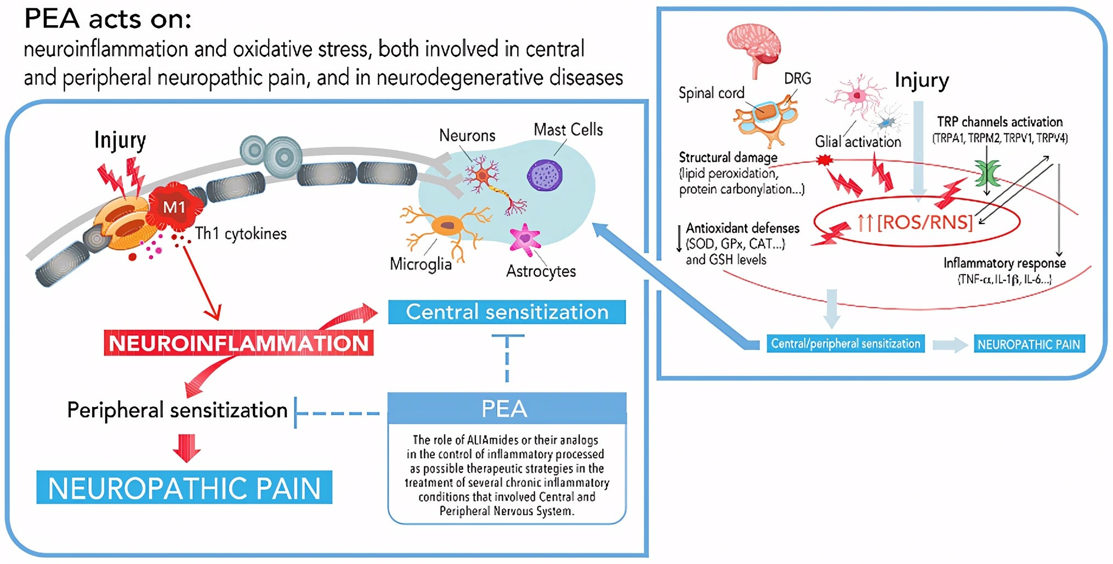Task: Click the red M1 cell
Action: click(174, 207)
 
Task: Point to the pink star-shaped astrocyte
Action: click(525, 238)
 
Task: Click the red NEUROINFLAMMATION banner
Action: click(238, 344)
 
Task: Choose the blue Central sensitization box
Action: click(507, 312)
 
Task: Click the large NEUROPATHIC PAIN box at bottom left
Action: click(184, 487)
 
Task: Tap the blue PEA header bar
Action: click(506, 408)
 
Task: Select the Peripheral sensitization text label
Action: click(177, 410)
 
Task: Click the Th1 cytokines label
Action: click(241, 233)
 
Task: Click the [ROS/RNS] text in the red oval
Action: click(924, 222)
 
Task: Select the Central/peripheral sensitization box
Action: click(845, 344)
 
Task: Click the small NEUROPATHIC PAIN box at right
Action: click(1029, 344)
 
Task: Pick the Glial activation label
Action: click(858, 142)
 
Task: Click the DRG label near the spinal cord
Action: click(797, 79)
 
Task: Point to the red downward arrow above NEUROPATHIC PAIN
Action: click(186, 447)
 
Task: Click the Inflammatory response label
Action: click(1004, 263)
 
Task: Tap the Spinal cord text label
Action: click(711, 93)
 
